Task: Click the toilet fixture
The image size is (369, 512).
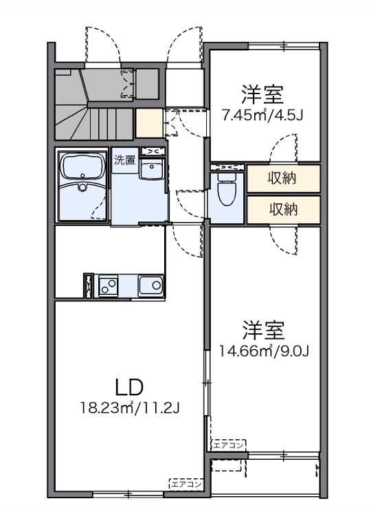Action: click(227, 190)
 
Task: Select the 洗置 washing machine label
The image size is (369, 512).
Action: click(125, 160)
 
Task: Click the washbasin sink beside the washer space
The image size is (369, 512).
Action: click(151, 168)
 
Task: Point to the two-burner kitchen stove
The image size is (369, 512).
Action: click(109, 285)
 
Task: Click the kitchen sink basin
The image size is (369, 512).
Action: click(150, 286)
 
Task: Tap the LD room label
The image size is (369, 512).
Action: click(130, 387)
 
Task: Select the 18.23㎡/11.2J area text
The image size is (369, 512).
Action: click(131, 408)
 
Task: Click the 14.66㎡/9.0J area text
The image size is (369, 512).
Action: click(264, 351)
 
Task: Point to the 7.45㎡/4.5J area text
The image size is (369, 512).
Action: click(263, 115)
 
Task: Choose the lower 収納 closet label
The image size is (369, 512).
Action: click(283, 210)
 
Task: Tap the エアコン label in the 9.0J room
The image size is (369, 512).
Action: click(229, 445)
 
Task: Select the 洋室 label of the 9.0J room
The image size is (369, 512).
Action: click(264, 331)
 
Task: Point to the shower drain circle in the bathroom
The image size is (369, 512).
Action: click(83, 188)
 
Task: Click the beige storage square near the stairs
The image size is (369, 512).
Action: click(149, 123)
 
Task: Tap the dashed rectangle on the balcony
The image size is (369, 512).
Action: click(227, 465)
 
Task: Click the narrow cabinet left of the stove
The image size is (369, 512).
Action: click(88, 286)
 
